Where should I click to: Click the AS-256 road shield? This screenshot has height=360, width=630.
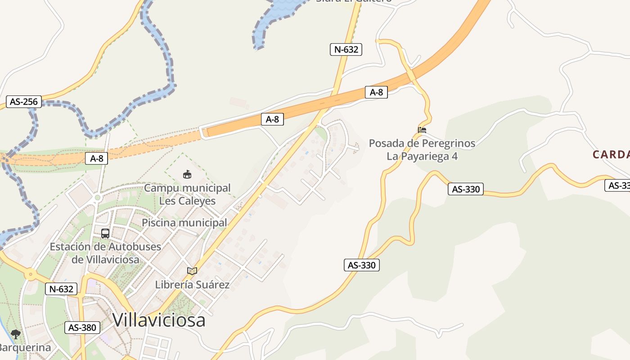click(x=24, y=102)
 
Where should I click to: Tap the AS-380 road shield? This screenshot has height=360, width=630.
click(x=82, y=328)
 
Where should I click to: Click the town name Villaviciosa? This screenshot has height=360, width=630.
click(x=159, y=320)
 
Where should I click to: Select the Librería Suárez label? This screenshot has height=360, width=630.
click(x=192, y=284)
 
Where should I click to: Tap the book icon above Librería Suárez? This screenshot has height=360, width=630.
click(x=192, y=271)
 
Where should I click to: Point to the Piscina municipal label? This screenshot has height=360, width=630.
click(x=184, y=223)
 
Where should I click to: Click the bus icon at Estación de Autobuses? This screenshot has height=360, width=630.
click(x=105, y=234)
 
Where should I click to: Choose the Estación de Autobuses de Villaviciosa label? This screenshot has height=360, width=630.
click(x=105, y=253)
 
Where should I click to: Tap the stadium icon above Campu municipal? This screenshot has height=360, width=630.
click(x=187, y=174)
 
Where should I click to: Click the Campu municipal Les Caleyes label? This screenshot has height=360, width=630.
click(x=187, y=194)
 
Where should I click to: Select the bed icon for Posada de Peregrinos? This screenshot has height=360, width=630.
click(x=422, y=130)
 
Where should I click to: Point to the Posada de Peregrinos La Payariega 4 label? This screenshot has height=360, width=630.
click(x=422, y=149)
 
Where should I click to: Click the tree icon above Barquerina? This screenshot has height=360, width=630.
click(x=16, y=334)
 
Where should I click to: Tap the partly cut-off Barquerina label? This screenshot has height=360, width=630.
click(x=25, y=347)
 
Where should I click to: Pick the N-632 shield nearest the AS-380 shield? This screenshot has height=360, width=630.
click(x=61, y=289)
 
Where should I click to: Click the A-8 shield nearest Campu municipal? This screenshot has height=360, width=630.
click(x=97, y=158)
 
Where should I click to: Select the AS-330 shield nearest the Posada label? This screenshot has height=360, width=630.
click(x=466, y=189)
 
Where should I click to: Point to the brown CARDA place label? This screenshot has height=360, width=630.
click(x=611, y=155)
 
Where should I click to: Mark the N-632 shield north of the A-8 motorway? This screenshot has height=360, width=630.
click(x=346, y=49)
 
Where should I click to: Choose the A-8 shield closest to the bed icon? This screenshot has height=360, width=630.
click(x=376, y=92)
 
